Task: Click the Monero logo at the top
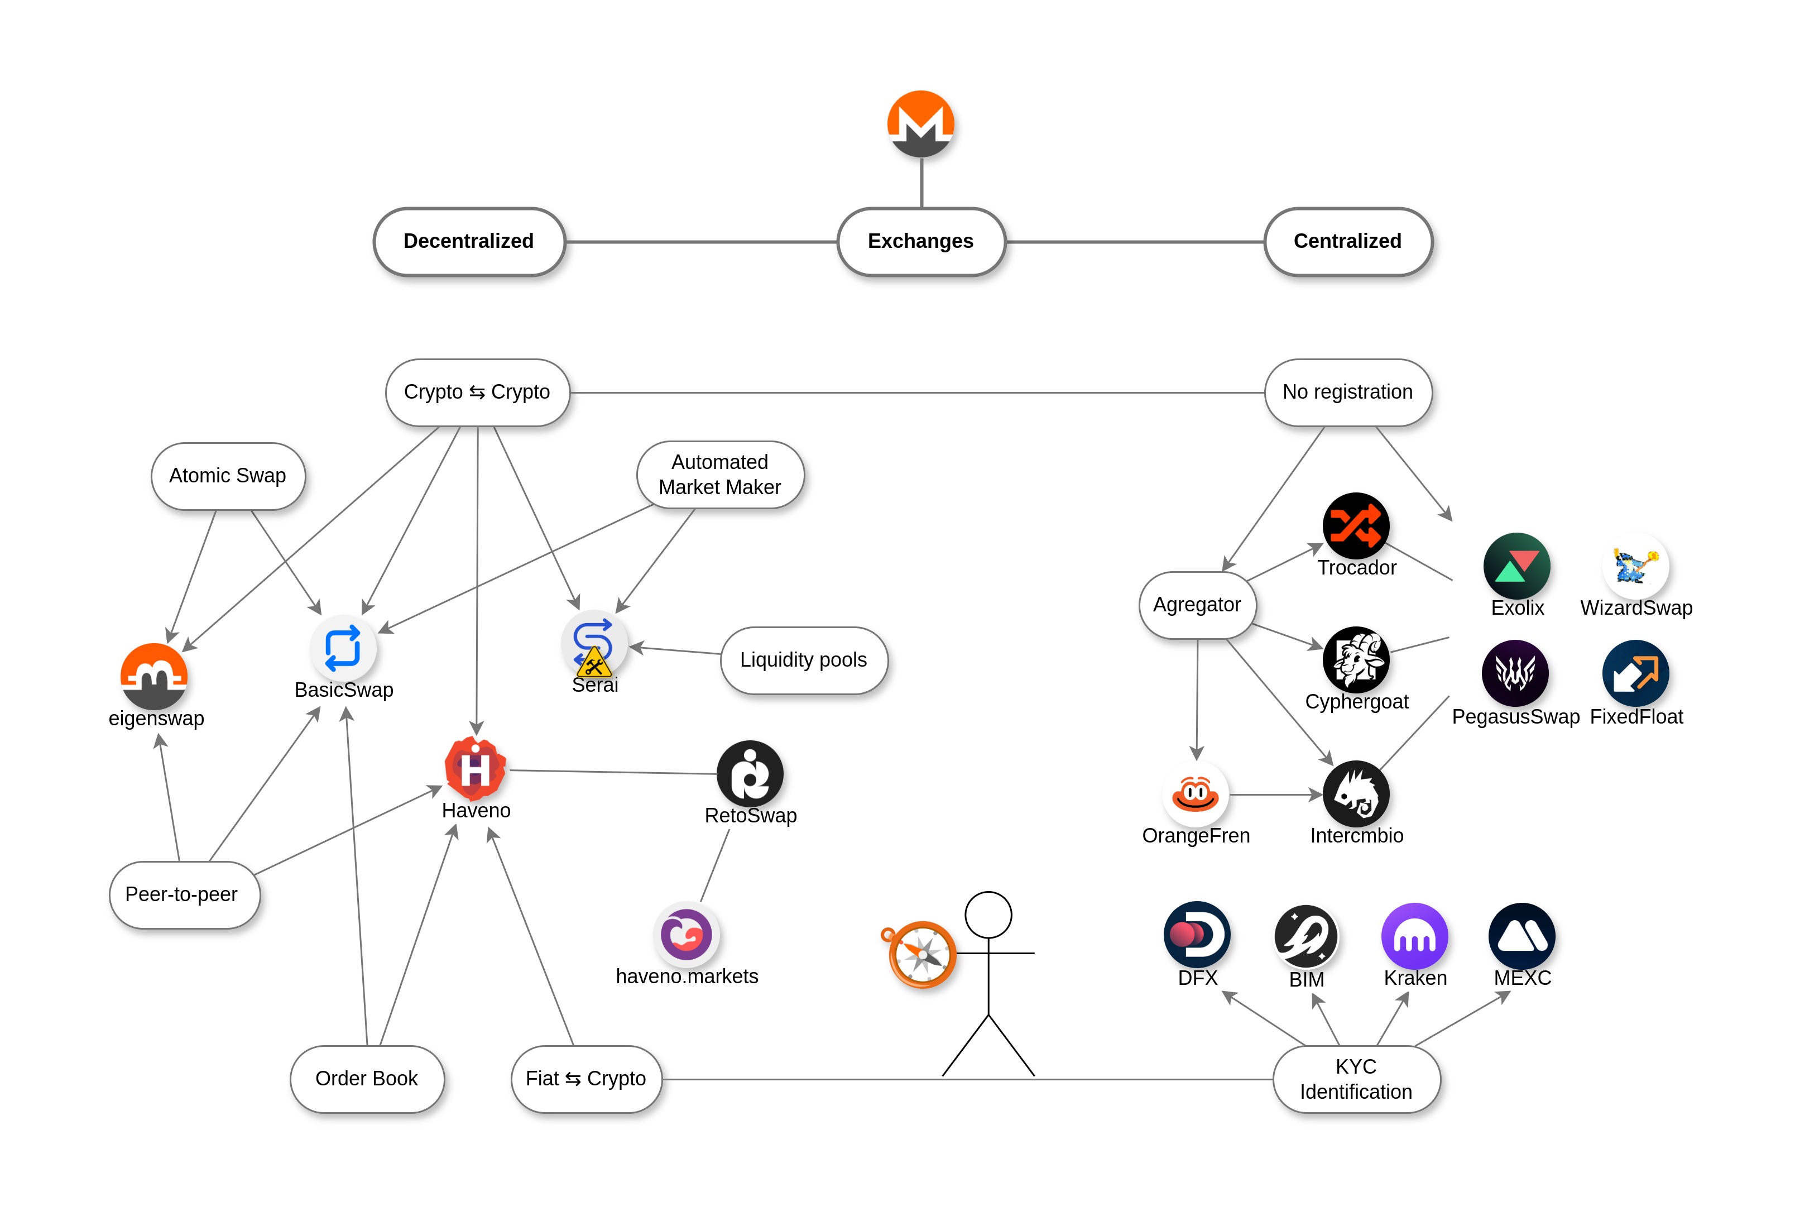pyautogui.click(x=920, y=123)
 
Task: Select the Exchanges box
pyautogui.click(x=920, y=241)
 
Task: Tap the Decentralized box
pyautogui.click(x=469, y=241)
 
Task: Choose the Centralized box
pyautogui.click(x=1347, y=241)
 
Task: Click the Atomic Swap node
pyautogui.click(x=228, y=476)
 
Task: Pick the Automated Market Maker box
pyautogui.click(x=719, y=474)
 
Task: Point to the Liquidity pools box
pyautogui.click(x=803, y=659)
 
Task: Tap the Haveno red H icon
pyautogui.click(x=476, y=768)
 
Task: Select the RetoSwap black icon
pyautogui.click(x=750, y=773)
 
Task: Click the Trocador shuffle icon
pyautogui.click(x=1356, y=525)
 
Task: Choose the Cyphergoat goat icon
pyautogui.click(x=1356, y=659)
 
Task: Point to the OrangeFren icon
pyautogui.click(x=1195, y=793)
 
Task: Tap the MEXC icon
pyautogui.click(x=1522, y=935)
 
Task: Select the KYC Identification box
pyautogui.click(x=1356, y=1079)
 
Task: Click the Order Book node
pyautogui.click(x=367, y=1079)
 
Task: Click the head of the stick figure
pyautogui.click(x=988, y=915)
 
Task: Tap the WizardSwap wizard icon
pyautogui.click(x=1635, y=566)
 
